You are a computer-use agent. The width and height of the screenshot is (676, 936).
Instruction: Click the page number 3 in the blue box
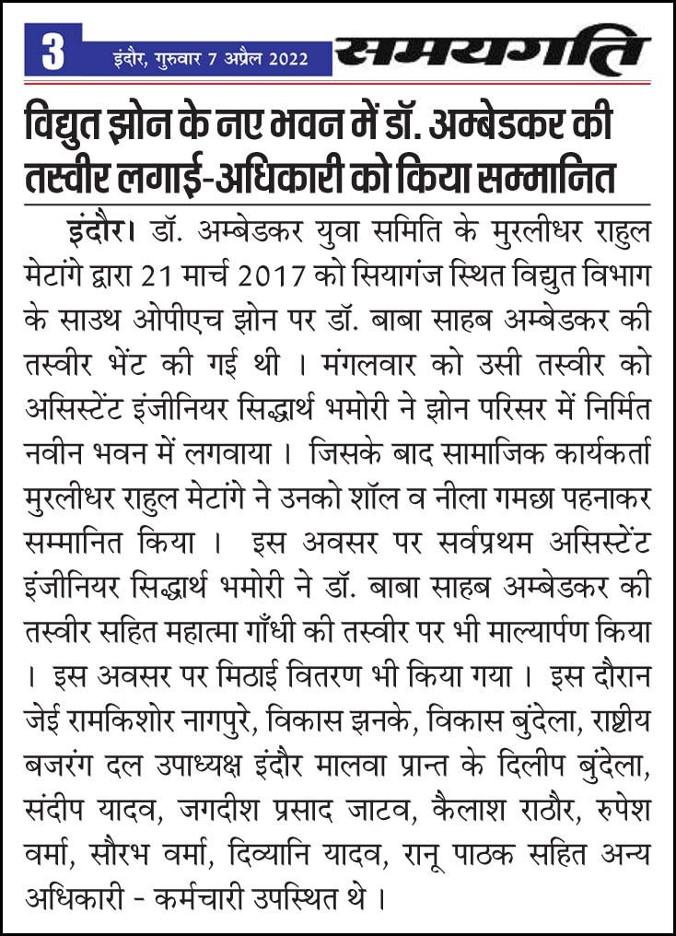[x=53, y=53]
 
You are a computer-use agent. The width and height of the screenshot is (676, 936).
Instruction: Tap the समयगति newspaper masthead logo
[x=492, y=52]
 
